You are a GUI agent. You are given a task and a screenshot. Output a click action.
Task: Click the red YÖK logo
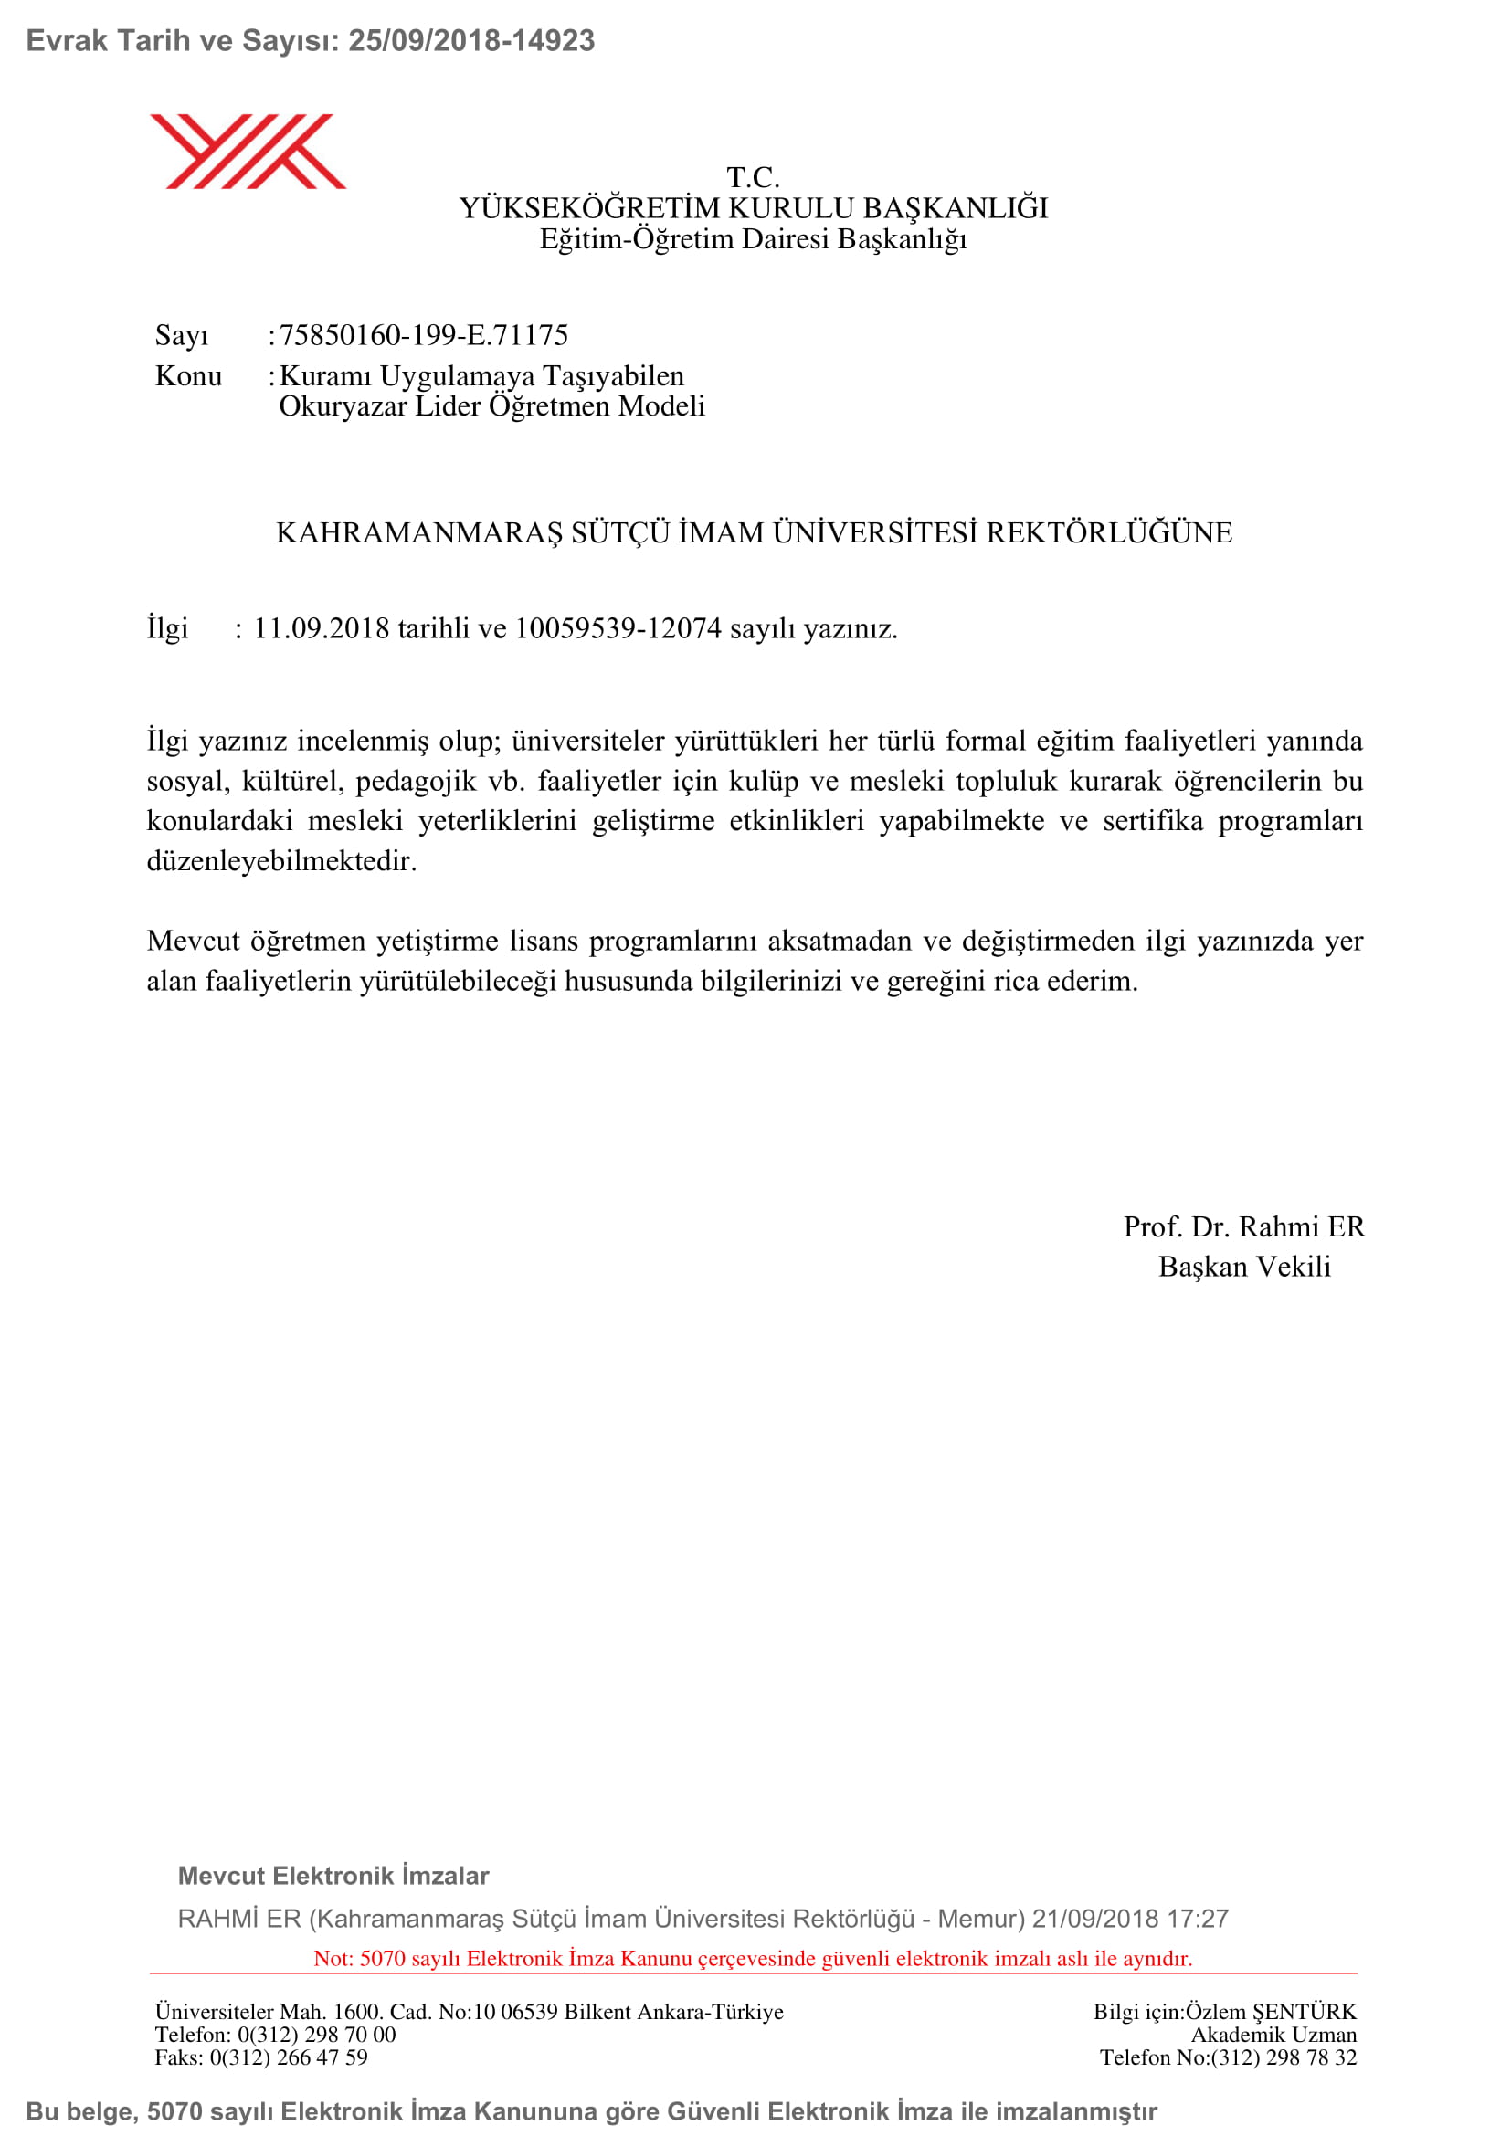pyautogui.click(x=248, y=152)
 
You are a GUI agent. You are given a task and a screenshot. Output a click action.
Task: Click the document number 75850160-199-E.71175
pyautogui.click(x=423, y=335)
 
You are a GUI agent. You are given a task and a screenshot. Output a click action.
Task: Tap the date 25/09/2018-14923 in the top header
pyautogui.click(x=470, y=41)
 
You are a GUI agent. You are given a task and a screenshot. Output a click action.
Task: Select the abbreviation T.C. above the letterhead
pyautogui.click(x=753, y=177)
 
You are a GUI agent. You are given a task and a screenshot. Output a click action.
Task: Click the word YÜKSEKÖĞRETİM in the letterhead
pyautogui.click(x=589, y=208)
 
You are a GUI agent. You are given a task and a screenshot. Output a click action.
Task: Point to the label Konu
pyautogui.click(x=188, y=376)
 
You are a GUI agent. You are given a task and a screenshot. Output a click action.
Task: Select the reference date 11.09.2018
pyautogui.click(x=321, y=629)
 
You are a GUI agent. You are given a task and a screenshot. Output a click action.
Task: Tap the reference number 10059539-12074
pyautogui.click(x=618, y=629)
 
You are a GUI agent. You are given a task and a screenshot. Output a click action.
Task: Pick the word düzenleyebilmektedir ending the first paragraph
pyautogui.click(x=281, y=860)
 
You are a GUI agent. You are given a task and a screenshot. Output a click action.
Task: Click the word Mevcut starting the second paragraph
pyautogui.click(x=193, y=941)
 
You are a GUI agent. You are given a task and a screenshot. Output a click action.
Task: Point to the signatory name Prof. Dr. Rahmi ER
pyautogui.click(x=1244, y=1227)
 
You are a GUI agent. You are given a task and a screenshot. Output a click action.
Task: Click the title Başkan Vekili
pyautogui.click(x=1244, y=1268)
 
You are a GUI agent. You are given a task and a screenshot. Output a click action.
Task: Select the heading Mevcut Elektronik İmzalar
pyautogui.click(x=333, y=1876)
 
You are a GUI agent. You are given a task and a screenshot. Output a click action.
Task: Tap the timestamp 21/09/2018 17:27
pyautogui.click(x=1129, y=1919)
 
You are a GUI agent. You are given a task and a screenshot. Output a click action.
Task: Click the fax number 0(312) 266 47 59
pyautogui.click(x=289, y=2057)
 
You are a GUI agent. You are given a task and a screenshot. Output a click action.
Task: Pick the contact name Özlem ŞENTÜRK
pyautogui.click(x=1270, y=2011)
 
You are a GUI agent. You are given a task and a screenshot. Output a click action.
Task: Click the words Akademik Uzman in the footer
pyautogui.click(x=1273, y=2035)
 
